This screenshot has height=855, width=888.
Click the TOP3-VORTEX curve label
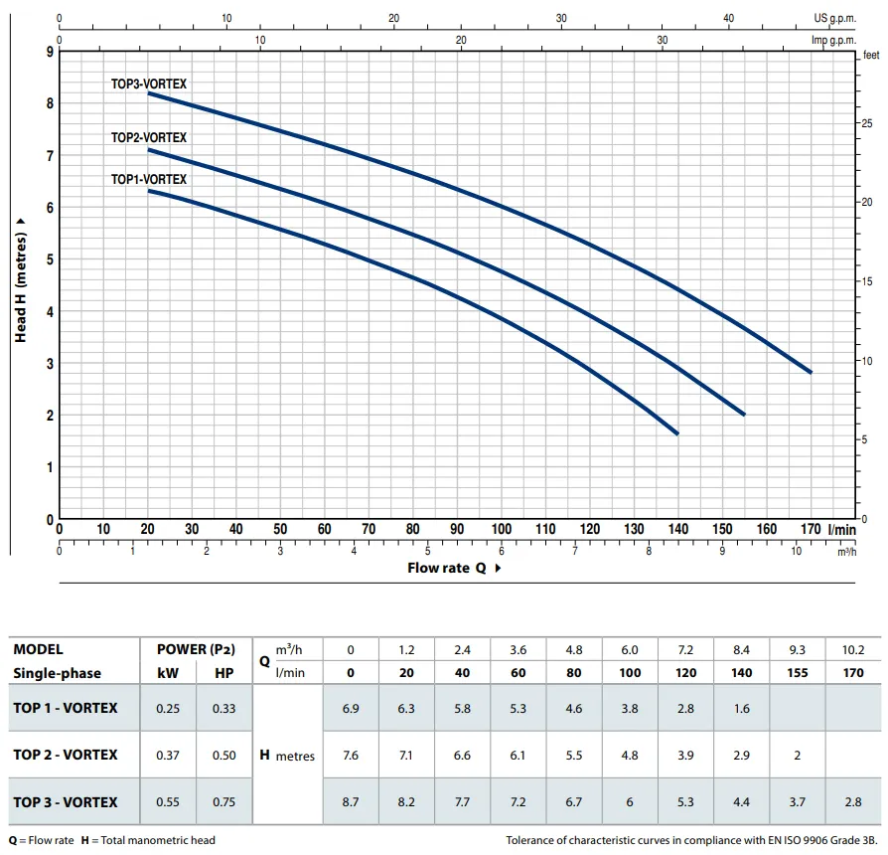click(x=148, y=85)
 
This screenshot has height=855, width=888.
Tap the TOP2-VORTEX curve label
click(x=148, y=137)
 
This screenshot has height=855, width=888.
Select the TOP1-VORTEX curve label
click(x=148, y=179)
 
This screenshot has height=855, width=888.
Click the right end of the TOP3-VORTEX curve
click(x=811, y=372)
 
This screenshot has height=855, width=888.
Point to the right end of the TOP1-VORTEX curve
click(x=677, y=433)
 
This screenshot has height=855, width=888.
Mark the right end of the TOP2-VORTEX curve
click(x=744, y=414)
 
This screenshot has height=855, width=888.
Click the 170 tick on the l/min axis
click(x=811, y=530)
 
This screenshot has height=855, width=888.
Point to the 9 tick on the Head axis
click(x=50, y=51)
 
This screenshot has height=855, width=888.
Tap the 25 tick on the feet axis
click(x=864, y=122)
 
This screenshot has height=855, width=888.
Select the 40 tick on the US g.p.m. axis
click(x=729, y=18)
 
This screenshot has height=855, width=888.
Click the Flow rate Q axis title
click(x=447, y=568)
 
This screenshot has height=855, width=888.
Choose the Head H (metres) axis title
click(x=21, y=286)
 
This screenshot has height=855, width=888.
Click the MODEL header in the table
click(x=38, y=649)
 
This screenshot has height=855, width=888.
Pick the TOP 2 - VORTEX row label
click(x=66, y=755)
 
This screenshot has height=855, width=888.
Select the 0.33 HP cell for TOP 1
click(x=224, y=708)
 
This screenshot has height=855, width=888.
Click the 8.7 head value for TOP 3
click(x=351, y=802)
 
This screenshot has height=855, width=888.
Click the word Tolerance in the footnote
click(x=536, y=840)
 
